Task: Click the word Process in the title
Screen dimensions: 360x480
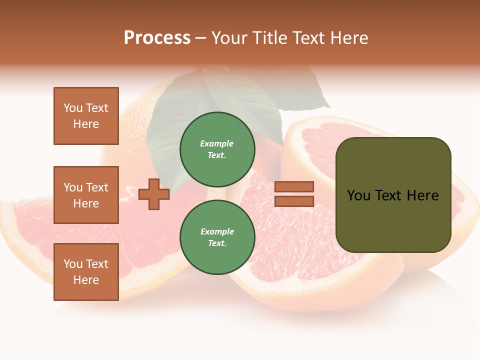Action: click(157, 38)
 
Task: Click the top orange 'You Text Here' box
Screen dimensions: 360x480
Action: click(86, 116)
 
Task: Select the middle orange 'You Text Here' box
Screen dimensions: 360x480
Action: click(86, 195)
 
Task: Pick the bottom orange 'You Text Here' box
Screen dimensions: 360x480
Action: click(86, 272)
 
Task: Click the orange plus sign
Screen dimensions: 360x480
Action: click(154, 194)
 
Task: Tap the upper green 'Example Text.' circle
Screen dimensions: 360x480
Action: click(217, 149)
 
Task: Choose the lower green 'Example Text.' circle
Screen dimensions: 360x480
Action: click(217, 237)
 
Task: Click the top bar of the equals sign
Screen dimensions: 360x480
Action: click(294, 187)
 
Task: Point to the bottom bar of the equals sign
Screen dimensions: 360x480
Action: click(294, 201)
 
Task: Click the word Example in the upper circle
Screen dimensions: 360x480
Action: click(217, 143)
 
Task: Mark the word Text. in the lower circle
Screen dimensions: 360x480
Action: click(217, 243)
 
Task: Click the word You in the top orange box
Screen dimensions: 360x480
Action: click(73, 108)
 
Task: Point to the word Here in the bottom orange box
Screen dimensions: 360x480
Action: click(86, 280)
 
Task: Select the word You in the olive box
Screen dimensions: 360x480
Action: click(358, 195)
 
